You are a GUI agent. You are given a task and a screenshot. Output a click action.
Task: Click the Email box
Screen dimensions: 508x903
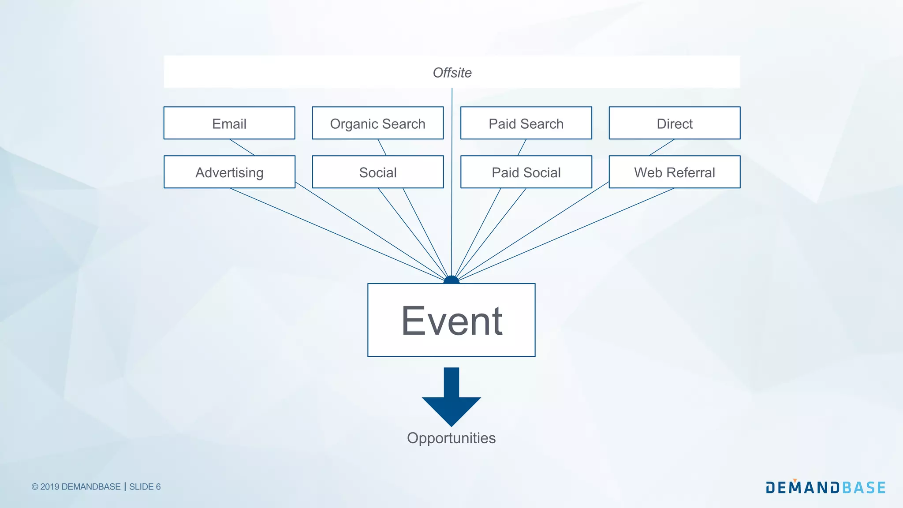(x=229, y=123)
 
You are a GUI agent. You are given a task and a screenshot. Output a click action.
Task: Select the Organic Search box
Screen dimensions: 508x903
(x=377, y=123)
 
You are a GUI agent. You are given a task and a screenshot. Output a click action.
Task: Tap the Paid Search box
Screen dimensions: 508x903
(x=526, y=123)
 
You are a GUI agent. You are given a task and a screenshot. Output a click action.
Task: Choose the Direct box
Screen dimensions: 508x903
(x=674, y=123)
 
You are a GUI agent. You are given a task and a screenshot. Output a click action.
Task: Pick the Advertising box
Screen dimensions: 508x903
(x=229, y=172)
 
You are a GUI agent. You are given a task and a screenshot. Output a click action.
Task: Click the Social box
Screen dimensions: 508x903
(x=377, y=172)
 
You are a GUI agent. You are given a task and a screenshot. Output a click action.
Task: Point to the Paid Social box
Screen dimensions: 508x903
(x=526, y=172)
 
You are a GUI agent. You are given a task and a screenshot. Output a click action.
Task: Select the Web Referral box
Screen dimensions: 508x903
(x=674, y=172)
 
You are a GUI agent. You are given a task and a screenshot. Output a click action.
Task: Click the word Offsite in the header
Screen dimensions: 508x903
(x=452, y=72)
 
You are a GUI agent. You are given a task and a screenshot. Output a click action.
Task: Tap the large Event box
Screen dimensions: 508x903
(x=451, y=320)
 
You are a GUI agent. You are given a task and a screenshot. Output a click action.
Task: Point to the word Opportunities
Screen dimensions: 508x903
(x=451, y=438)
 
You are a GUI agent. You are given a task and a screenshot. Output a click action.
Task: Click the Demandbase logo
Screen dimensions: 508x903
(x=825, y=487)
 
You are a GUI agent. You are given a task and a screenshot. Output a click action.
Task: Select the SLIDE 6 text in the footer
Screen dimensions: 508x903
(x=145, y=487)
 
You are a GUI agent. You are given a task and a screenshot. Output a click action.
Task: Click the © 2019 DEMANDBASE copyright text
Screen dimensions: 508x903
(x=76, y=487)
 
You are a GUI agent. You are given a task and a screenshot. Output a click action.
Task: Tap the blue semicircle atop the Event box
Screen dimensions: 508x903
(x=451, y=280)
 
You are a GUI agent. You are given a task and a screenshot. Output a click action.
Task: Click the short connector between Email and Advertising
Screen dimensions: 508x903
(x=242, y=147)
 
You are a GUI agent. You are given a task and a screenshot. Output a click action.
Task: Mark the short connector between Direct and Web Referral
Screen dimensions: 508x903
(x=661, y=147)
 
